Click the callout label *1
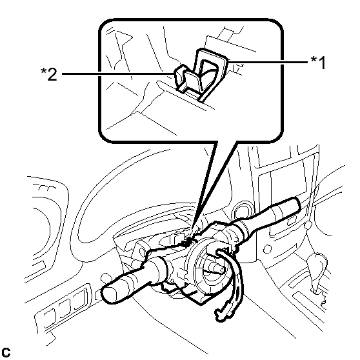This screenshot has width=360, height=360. click(x=318, y=62)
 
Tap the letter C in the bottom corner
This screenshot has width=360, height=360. click(x=6, y=352)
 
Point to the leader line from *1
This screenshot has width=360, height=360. click(x=268, y=62)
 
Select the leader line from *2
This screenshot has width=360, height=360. click(x=118, y=74)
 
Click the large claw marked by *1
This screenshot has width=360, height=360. click(x=210, y=74)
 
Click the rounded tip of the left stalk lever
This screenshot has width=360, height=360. click(x=109, y=295)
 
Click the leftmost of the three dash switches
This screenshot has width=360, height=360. click(x=49, y=318)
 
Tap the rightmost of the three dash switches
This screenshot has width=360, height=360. click(x=79, y=299)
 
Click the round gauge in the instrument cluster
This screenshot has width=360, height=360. click(x=41, y=231)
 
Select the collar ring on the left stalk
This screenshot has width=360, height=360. click(x=162, y=268)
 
